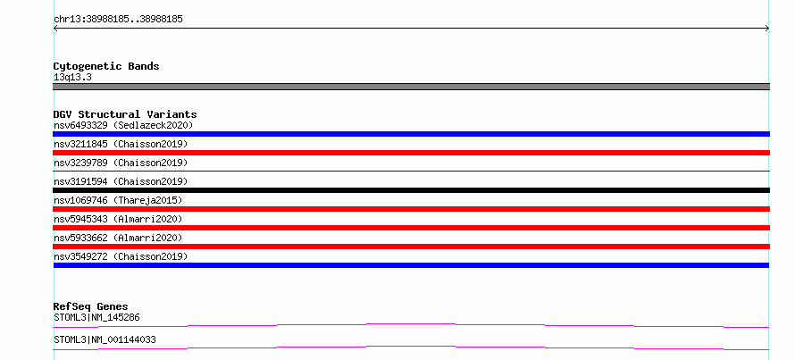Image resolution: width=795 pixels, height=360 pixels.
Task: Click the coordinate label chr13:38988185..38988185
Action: [x=118, y=20]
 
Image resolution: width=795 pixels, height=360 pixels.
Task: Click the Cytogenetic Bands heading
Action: [x=106, y=66]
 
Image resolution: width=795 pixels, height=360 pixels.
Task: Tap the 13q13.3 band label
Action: [x=72, y=78]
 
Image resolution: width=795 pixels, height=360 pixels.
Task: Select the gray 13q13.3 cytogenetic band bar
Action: [x=411, y=87]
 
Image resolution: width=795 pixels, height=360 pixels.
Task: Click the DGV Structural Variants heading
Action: [x=125, y=114]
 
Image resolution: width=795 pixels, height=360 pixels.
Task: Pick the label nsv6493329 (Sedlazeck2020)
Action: [x=123, y=125]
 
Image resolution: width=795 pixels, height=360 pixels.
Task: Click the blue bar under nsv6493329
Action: [x=411, y=134]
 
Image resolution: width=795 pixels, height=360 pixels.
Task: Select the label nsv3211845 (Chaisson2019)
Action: [x=121, y=144]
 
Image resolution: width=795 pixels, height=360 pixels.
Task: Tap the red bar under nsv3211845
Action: [x=411, y=153]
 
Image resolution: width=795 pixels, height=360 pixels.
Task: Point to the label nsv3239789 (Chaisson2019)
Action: [x=121, y=163]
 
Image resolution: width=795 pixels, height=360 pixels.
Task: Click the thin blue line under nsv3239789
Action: [x=411, y=171]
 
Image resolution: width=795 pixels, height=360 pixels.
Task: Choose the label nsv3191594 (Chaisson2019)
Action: [x=121, y=181]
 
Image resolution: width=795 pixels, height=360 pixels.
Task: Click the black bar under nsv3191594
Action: [x=411, y=190]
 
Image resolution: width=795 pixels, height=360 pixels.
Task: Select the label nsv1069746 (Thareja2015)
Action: [x=118, y=200]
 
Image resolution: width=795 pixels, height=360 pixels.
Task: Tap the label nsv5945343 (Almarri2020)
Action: [x=118, y=219]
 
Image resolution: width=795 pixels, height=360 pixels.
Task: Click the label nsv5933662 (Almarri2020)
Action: [x=118, y=238]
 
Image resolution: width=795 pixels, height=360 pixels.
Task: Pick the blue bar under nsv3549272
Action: [x=411, y=265]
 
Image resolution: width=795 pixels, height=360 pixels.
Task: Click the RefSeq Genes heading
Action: [x=91, y=306]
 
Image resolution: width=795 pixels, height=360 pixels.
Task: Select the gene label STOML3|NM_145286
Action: [x=96, y=318]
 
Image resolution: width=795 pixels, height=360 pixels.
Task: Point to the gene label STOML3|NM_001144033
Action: [x=105, y=339]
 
